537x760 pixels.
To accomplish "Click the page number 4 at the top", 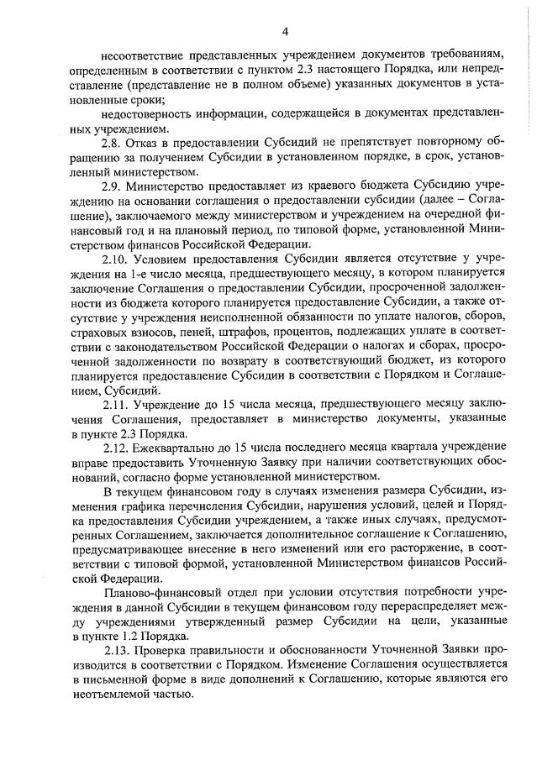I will click(x=285, y=32).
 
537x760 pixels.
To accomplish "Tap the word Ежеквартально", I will click(x=188, y=446).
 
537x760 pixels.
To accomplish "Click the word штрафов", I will click(x=257, y=331).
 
